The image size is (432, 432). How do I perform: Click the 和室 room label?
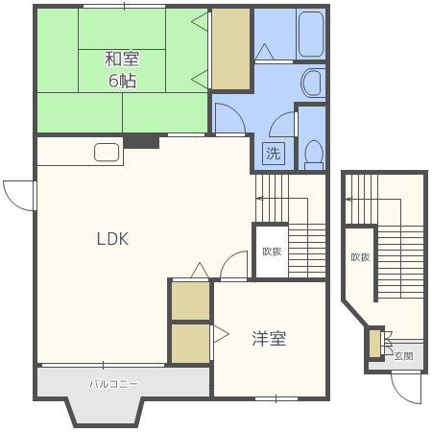[122, 59]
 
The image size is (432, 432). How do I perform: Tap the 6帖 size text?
[122, 81]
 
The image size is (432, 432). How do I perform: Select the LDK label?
[112, 239]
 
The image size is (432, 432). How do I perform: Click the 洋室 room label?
[269, 338]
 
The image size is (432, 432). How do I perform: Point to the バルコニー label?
[113, 384]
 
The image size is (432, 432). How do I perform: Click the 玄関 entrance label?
[403, 356]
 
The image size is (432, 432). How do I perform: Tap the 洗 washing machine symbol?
[274, 154]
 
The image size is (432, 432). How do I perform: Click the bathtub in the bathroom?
[311, 34]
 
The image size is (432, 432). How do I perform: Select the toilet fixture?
[314, 155]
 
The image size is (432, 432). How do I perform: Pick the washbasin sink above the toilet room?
[311, 83]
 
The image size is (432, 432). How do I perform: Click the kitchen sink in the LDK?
[107, 153]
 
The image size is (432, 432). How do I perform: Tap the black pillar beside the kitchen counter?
[141, 141]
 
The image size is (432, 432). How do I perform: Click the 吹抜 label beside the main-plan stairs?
[272, 252]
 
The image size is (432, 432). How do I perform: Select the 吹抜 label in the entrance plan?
[360, 257]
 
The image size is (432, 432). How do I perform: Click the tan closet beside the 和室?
[230, 49]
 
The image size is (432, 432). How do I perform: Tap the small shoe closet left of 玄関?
[374, 344]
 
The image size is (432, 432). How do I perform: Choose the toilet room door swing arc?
[278, 119]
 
